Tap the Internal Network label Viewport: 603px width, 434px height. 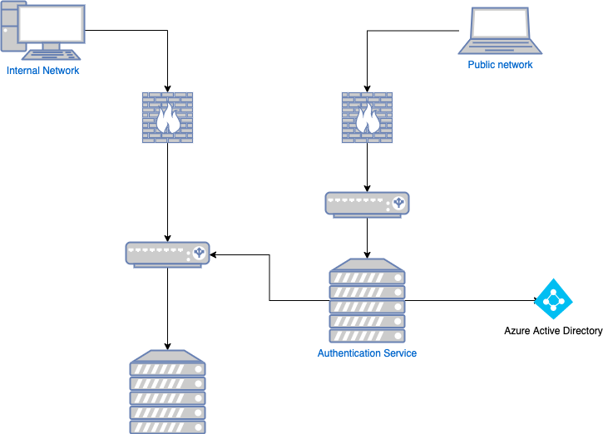tap(43, 71)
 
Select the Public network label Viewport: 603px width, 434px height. tap(500, 65)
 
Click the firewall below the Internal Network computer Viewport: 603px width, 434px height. tap(168, 117)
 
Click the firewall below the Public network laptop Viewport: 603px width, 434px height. tap(367, 117)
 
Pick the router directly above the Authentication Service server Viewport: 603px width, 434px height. tap(367, 205)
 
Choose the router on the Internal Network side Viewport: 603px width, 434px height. tap(168, 254)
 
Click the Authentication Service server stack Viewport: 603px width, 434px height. tap(367, 303)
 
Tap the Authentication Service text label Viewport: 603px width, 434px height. tap(367, 353)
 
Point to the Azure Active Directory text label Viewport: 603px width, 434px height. tap(553, 331)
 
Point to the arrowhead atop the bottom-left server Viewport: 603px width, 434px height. tap(168, 346)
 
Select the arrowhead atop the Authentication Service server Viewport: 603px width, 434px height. tap(367, 256)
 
